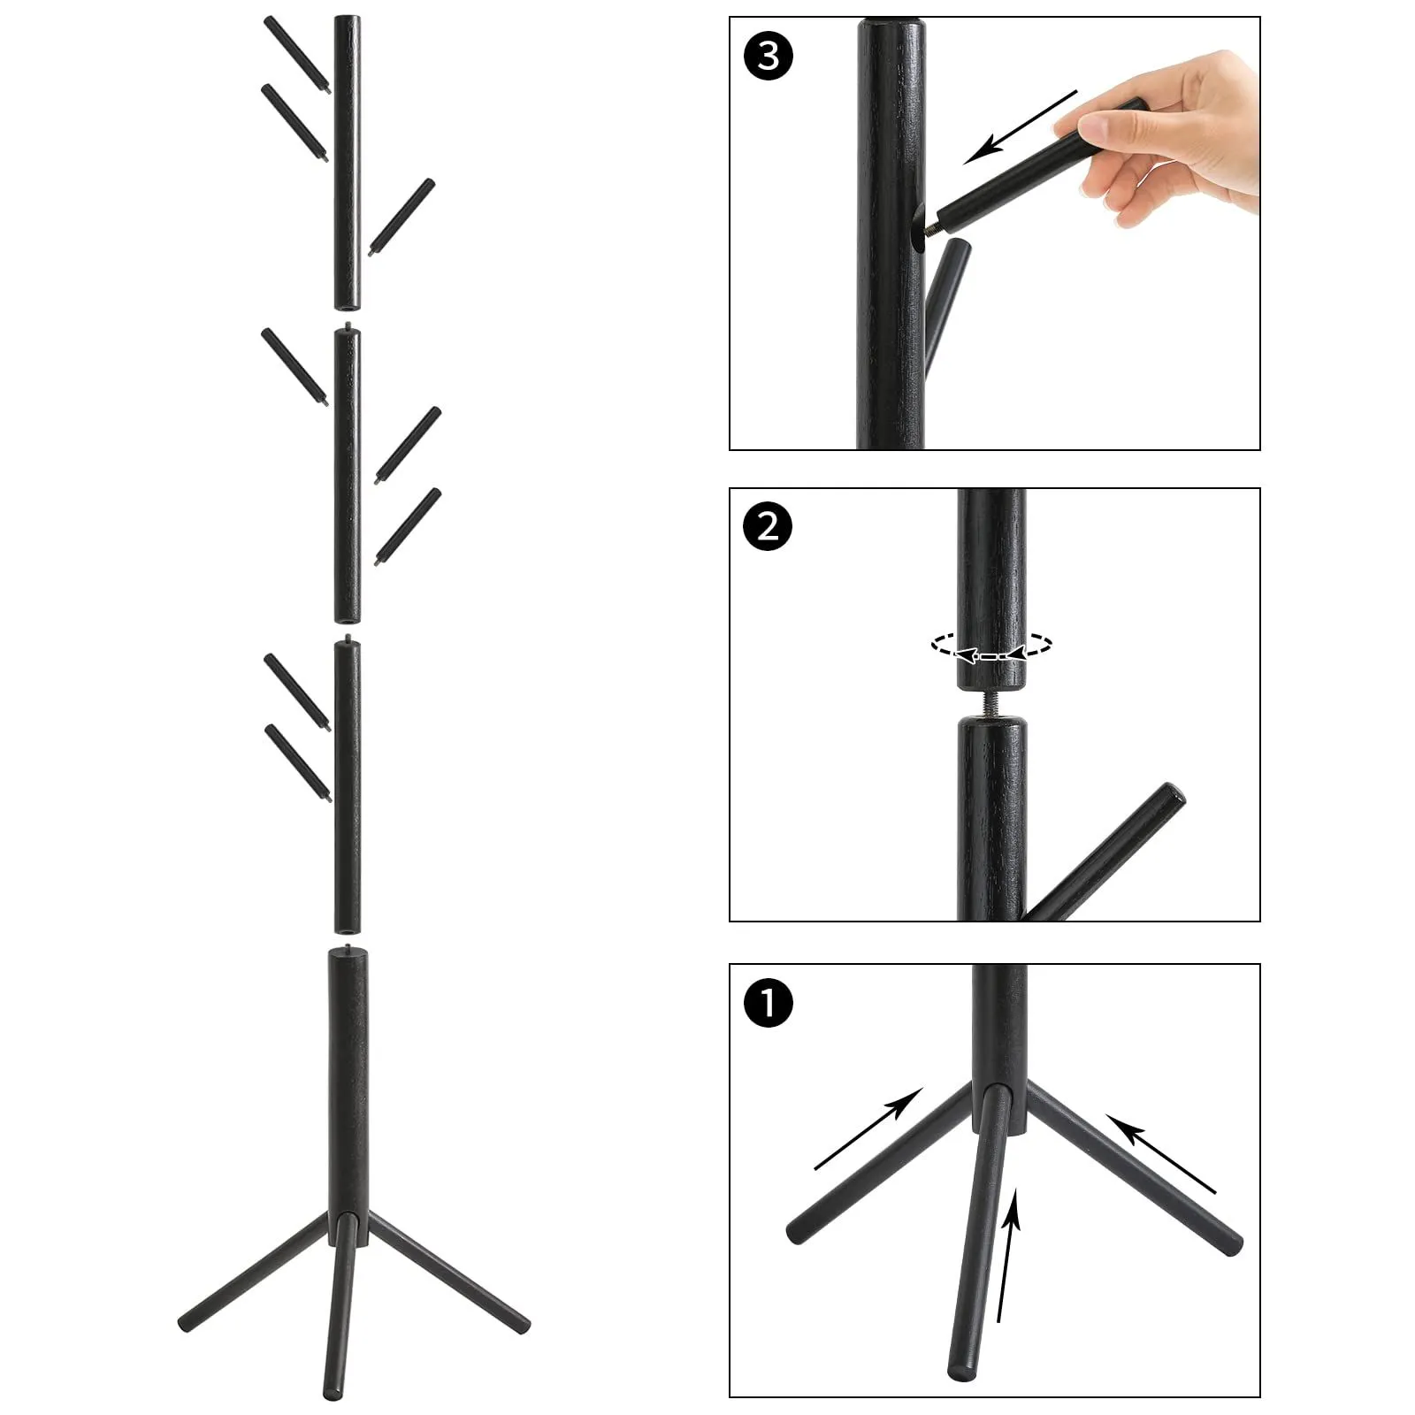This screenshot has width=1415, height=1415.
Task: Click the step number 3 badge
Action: point(769,56)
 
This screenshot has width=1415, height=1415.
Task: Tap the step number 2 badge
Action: point(769,527)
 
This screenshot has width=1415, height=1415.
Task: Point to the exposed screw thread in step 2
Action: point(991,704)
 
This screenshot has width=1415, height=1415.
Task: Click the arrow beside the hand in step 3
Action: point(1021,126)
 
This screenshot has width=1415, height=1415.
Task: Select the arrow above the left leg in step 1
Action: point(868,1129)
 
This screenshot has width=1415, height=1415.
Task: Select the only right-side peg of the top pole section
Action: point(402,218)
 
